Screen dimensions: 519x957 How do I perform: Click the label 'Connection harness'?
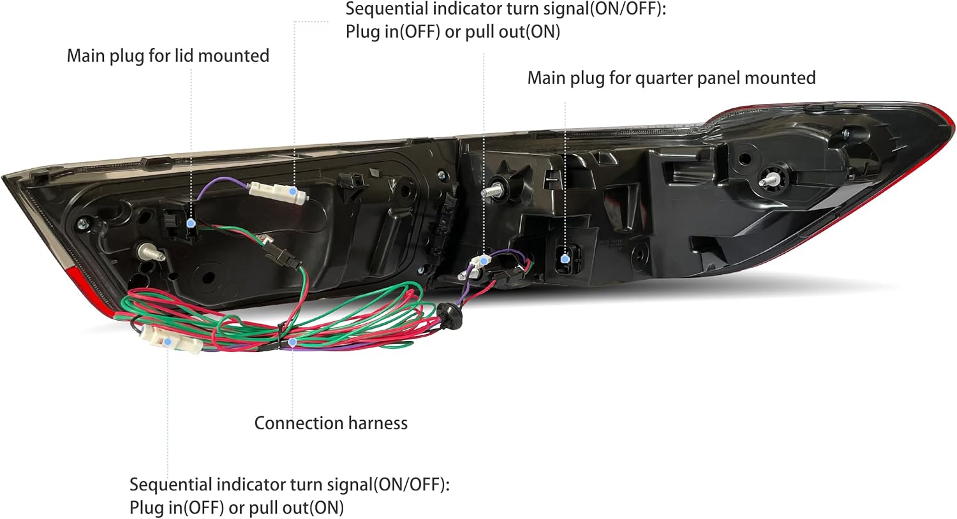coord(330,423)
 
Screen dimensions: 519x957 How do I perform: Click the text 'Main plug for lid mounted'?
coord(168,56)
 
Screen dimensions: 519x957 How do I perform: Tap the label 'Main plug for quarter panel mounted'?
coord(671,78)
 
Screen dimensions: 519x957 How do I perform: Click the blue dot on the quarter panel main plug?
coord(565,258)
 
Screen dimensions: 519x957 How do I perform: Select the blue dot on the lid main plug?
coord(191,223)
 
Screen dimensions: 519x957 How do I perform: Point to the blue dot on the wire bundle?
coord(292,342)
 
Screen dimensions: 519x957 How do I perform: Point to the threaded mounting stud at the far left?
coord(151,252)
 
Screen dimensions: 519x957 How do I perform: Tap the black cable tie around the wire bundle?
coord(279,338)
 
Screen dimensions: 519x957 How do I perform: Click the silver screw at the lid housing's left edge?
coord(82,224)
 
